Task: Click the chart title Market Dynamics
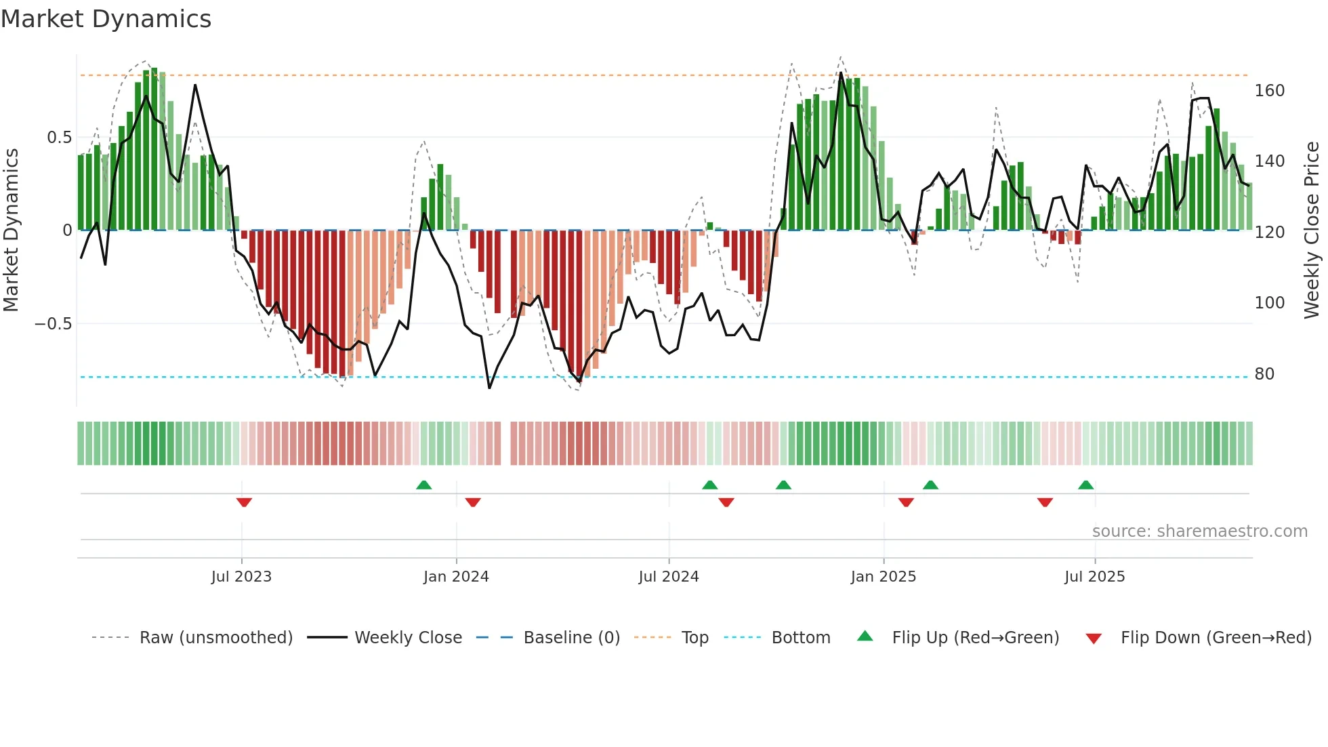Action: [x=106, y=19]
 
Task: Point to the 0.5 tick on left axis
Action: [x=59, y=138]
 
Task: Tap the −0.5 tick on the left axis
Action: [x=54, y=324]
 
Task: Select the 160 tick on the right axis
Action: [x=1269, y=91]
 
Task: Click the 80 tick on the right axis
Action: [x=1264, y=374]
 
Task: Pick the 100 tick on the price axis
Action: [x=1269, y=303]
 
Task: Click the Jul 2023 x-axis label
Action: [x=241, y=577]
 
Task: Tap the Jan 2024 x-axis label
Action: [x=456, y=577]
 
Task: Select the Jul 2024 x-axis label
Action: [x=668, y=577]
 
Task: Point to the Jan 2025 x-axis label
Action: [x=883, y=577]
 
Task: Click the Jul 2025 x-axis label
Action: [x=1094, y=577]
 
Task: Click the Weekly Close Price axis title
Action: [x=1312, y=230]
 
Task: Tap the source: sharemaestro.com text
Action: [x=1199, y=531]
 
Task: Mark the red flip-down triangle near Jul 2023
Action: [x=244, y=502]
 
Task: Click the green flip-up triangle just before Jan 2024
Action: [x=423, y=485]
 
